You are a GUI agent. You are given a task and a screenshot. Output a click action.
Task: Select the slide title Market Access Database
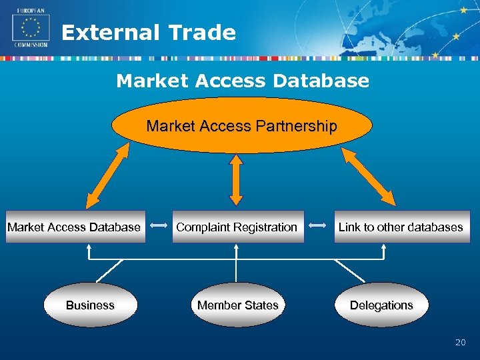tap(242, 81)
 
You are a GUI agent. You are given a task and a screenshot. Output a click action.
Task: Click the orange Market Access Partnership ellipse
tap(241, 126)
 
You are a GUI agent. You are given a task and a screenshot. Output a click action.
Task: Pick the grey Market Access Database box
tap(75, 227)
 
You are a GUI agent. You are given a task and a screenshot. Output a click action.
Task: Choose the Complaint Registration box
tap(237, 227)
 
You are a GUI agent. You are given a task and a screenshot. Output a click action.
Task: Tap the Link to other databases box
tap(401, 227)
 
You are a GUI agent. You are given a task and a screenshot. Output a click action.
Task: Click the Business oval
tap(90, 305)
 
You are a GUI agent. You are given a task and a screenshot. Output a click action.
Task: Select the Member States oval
tap(237, 305)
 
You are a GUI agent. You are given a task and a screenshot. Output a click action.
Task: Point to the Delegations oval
tap(381, 305)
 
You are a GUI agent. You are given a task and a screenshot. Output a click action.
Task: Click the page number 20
tap(460, 343)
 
